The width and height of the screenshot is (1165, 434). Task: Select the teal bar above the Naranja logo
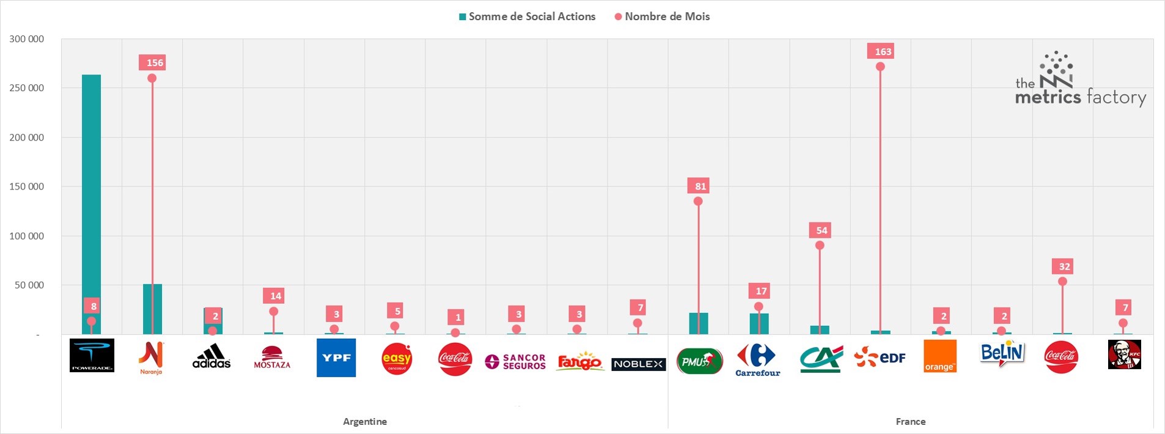point(152,309)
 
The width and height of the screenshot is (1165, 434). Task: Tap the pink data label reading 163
point(883,51)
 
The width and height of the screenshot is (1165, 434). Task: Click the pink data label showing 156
point(155,62)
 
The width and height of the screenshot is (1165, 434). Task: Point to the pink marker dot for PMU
point(698,201)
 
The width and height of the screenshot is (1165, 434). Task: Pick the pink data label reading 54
point(821,230)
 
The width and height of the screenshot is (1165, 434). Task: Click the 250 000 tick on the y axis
point(27,88)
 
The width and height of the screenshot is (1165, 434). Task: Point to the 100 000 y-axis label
point(27,236)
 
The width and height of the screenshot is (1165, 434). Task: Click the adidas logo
point(211,356)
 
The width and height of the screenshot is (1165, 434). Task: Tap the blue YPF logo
point(336,358)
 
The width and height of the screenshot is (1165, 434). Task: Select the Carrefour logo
point(758,359)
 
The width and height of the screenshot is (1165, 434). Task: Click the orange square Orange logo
point(940,356)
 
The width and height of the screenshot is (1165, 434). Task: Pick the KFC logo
point(1124,355)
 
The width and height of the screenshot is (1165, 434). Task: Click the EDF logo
point(880,357)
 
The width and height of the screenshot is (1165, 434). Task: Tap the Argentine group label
point(365,422)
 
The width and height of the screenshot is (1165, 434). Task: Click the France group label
point(910,422)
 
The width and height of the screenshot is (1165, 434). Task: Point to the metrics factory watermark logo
point(1079,83)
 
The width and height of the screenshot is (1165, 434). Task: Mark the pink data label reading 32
point(1064,267)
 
